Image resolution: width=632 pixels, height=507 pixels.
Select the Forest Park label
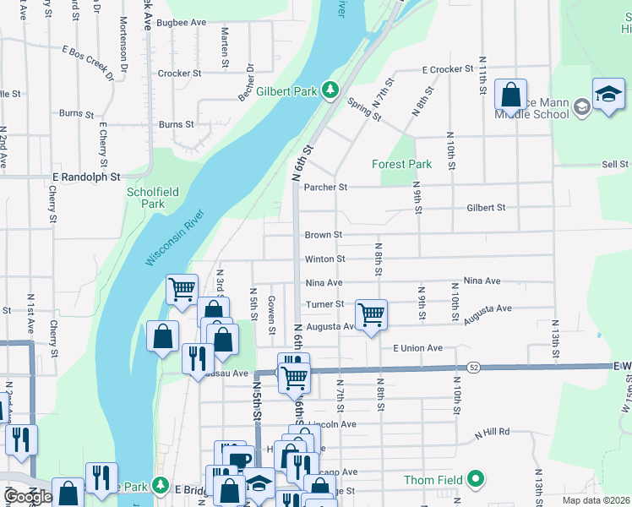point(402,164)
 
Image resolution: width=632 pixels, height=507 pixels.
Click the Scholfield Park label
point(152,198)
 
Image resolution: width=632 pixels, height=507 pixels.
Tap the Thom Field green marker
point(477,480)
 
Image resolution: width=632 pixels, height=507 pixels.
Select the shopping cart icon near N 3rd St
point(182,290)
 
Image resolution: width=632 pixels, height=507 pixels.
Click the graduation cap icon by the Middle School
point(608,95)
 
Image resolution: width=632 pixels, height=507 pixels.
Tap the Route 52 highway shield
point(474,367)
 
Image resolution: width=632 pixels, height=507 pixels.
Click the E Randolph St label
point(86,177)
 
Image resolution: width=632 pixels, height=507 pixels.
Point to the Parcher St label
point(326,187)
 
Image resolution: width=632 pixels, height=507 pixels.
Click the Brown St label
point(323,235)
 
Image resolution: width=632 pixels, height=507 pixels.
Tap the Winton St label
point(325,259)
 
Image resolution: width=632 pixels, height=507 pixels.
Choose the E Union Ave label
point(417,348)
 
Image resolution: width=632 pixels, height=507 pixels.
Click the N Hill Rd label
point(492,432)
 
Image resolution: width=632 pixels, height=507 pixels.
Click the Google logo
point(28,497)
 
